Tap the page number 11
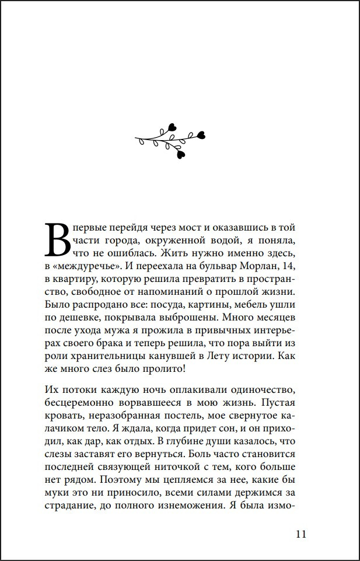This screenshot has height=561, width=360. [x=301, y=534]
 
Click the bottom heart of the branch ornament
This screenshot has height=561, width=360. [x=180, y=154]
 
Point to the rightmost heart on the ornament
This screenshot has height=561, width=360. [x=201, y=135]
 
